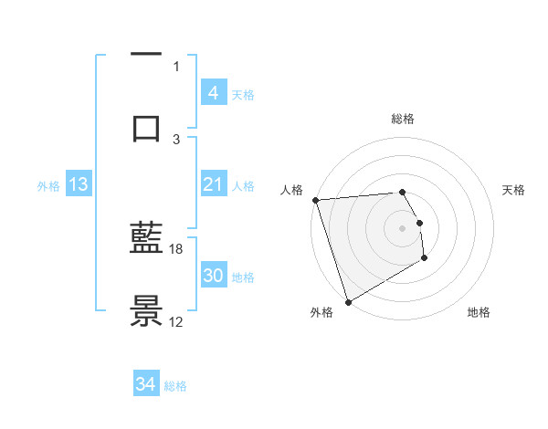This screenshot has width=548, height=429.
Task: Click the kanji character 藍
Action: (x=146, y=244)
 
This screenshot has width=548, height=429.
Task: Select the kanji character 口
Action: (x=146, y=126)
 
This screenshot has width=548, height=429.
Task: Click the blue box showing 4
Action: (x=213, y=92)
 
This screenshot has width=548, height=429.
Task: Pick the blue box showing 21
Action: (x=213, y=185)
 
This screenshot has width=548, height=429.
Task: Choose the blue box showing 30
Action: (x=213, y=276)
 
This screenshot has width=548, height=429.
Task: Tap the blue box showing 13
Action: (x=79, y=185)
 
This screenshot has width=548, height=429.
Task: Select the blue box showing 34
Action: (x=145, y=385)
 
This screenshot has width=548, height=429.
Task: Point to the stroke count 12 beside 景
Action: (x=176, y=321)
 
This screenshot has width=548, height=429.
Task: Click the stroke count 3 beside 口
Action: (x=176, y=140)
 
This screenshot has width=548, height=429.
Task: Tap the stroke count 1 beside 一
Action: (x=176, y=66)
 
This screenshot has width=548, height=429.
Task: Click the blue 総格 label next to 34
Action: (x=175, y=386)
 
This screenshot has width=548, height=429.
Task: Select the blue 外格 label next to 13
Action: (x=48, y=186)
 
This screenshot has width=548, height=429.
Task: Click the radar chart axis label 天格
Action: (x=513, y=190)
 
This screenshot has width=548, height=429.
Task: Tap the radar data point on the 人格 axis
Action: (x=315, y=200)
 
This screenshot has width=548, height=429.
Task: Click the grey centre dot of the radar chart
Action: (x=402, y=228)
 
